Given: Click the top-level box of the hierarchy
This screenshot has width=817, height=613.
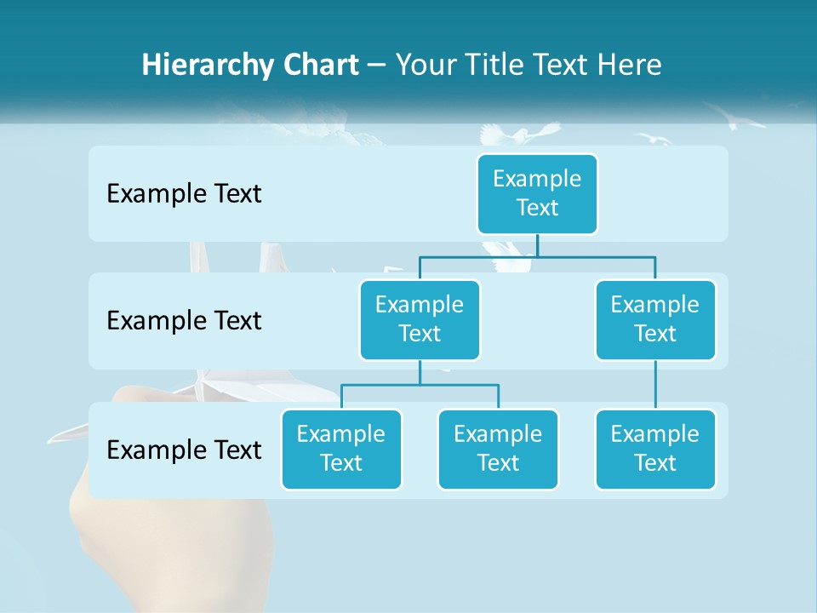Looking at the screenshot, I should click(x=537, y=193).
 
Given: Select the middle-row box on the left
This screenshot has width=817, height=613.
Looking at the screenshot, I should click(x=420, y=319).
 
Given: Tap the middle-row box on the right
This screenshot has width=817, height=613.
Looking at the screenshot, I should click(x=655, y=319).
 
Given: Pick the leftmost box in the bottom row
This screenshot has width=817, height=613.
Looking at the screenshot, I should click(x=341, y=449).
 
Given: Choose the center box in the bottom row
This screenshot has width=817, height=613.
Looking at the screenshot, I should click(x=498, y=449).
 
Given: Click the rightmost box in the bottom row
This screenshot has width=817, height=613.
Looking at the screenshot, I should click(x=655, y=449).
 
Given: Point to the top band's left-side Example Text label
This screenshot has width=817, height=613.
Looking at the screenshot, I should click(x=184, y=194).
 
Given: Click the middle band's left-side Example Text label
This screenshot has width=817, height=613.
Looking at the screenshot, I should click(x=184, y=321).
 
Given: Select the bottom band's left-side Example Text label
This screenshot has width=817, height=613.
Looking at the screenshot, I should click(x=184, y=450).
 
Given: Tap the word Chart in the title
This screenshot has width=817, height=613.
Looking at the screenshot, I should click(x=316, y=65).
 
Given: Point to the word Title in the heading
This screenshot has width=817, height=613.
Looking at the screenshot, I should click(x=494, y=65).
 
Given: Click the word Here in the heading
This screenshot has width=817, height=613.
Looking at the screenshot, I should click(x=629, y=65).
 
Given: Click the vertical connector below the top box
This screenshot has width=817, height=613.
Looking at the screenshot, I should click(x=537, y=245).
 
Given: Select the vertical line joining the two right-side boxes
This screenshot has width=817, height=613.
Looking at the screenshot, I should click(x=655, y=385).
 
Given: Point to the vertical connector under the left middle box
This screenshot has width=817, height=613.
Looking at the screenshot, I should click(x=420, y=373).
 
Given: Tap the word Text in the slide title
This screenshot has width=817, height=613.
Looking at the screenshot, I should click(x=561, y=65).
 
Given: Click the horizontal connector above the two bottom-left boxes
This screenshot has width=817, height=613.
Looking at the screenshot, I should click(x=420, y=385).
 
